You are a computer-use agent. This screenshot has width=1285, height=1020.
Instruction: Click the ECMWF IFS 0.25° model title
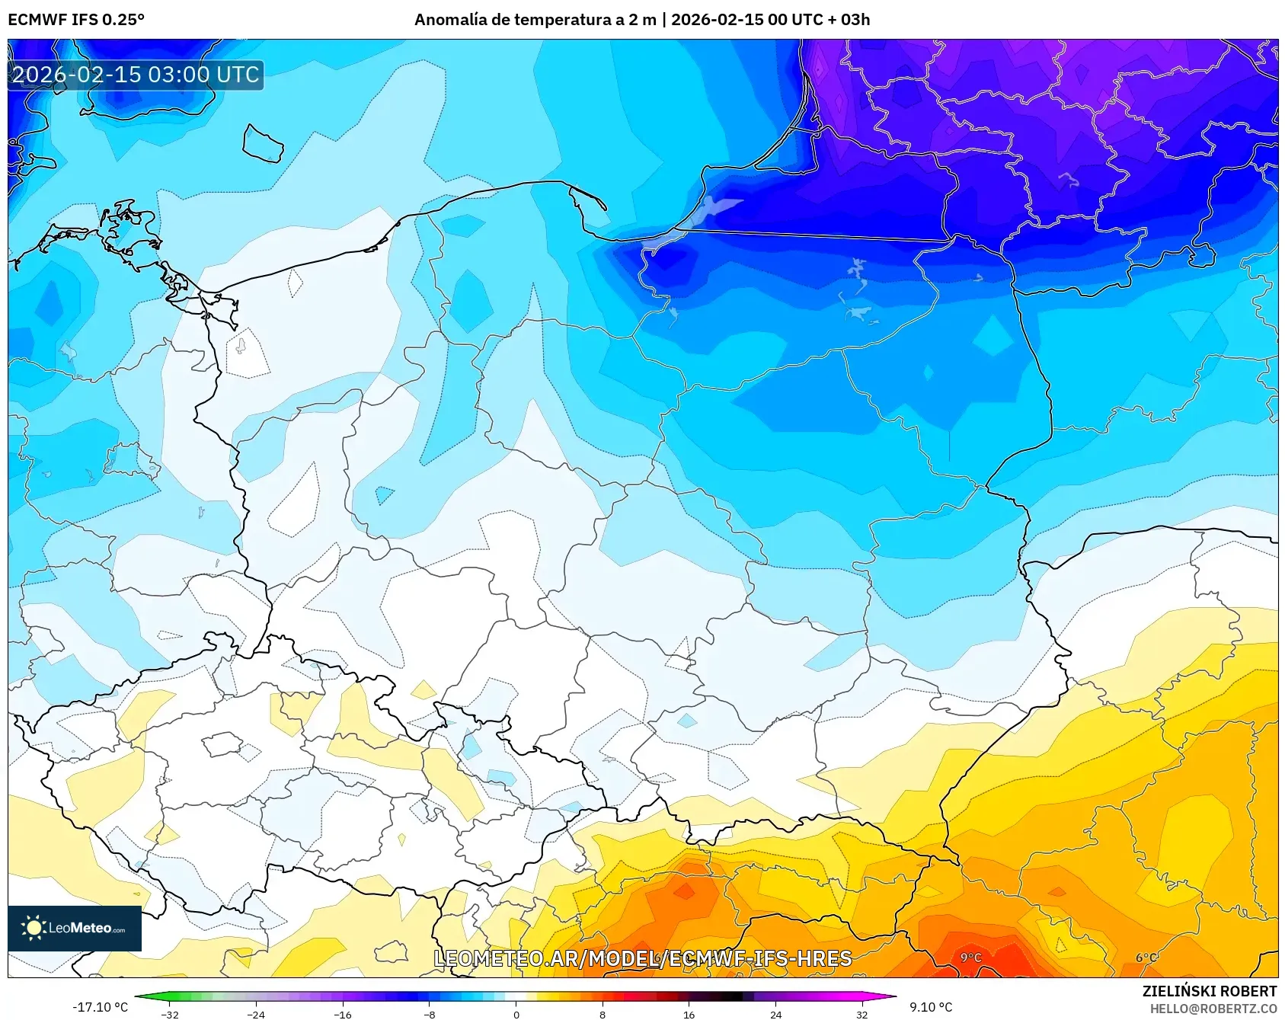click(76, 20)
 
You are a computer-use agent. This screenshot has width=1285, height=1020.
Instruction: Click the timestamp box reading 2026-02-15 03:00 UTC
click(136, 75)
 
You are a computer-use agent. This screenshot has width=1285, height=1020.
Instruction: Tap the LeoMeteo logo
click(75, 928)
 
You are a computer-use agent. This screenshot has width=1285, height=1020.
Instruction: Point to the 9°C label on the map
click(970, 958)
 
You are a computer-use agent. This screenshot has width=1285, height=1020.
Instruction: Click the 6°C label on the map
click(1146, 958)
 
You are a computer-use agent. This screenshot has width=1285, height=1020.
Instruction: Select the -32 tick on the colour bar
click(170, 1014)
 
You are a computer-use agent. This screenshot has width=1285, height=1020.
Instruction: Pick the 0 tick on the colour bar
click(516, 1014)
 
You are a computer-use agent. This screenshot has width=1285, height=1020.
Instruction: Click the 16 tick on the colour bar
click(689, 1014)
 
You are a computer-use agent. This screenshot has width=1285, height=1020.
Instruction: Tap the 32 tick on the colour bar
click(861, 1014)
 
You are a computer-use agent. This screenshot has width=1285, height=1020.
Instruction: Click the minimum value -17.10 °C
click(100, 1007)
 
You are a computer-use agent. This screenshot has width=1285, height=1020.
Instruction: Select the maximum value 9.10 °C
click(931, 1007)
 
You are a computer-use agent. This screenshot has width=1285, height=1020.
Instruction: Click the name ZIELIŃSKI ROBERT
click(1209, 991)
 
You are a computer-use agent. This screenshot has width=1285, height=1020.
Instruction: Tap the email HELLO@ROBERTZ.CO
click(1213, 1009)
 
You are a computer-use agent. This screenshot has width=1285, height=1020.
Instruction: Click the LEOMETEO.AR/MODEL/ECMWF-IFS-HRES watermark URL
click(642, 958)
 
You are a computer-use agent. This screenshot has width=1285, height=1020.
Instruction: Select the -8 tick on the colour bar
click(430, 1014)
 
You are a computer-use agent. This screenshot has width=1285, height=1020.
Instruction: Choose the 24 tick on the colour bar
click(775, 1014)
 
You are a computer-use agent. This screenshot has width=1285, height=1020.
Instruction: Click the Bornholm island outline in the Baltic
click(263, 143)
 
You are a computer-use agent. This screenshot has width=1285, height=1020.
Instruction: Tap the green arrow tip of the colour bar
click(138, 996)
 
